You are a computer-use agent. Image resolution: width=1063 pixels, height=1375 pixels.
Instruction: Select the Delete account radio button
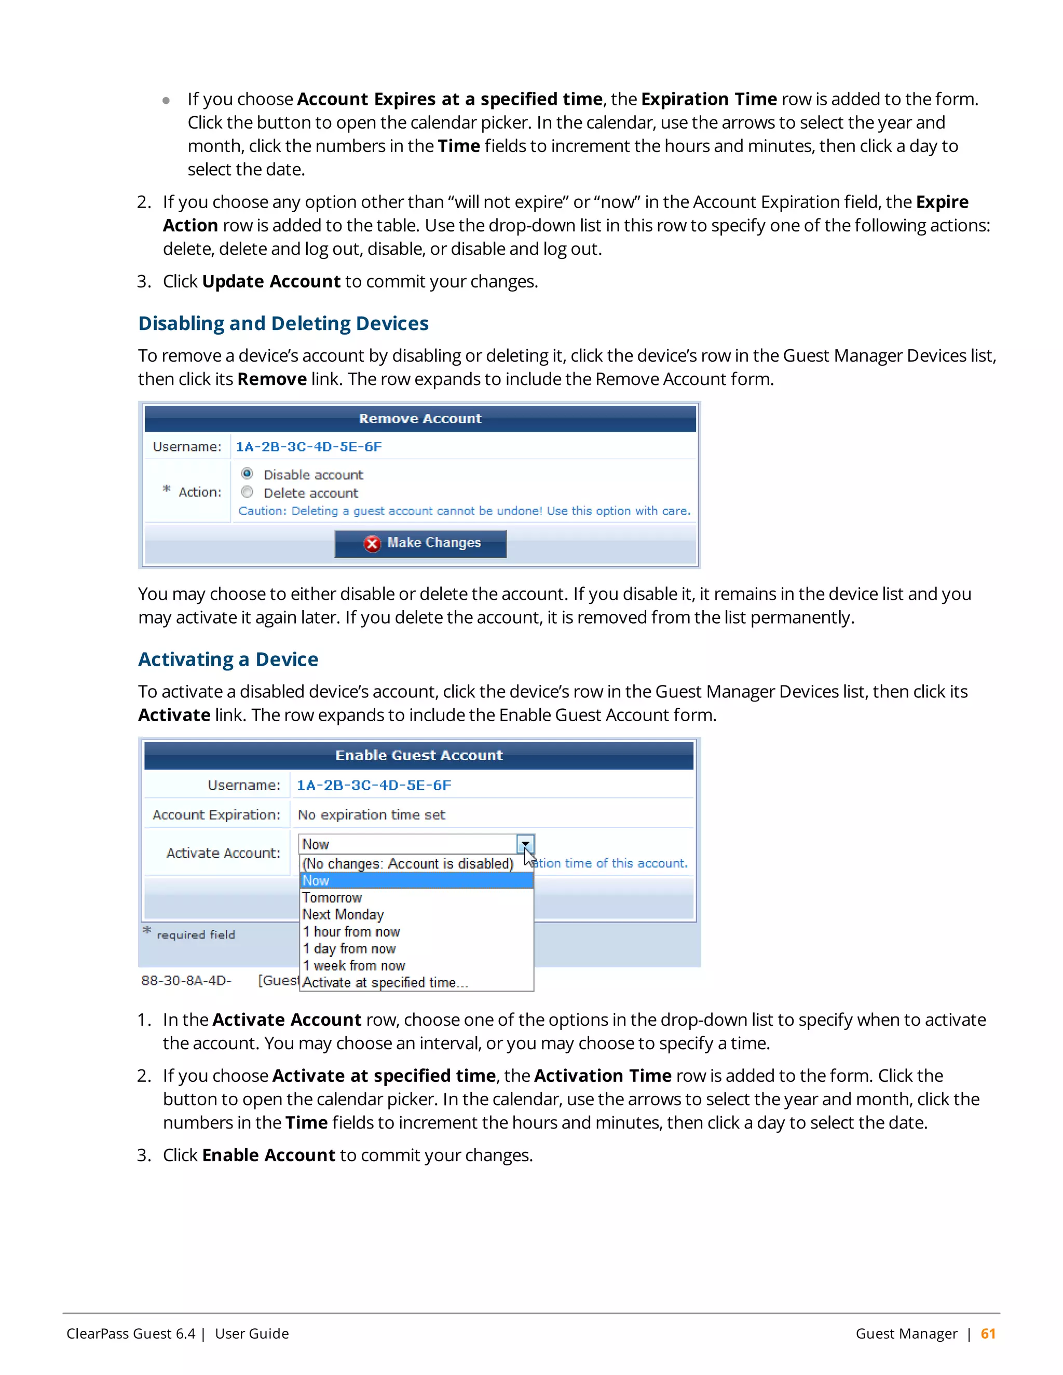pos(248,492)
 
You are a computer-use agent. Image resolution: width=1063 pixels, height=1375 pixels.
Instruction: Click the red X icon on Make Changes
pos(372,543)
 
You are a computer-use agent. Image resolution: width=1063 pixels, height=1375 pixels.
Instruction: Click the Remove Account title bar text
pos(420,419)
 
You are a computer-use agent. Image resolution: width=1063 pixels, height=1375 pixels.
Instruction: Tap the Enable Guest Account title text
pos(419,755)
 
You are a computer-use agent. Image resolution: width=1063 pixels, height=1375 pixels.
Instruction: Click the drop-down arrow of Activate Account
pos(525,844)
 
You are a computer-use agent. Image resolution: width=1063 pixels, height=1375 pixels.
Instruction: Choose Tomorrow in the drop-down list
pos(332,897)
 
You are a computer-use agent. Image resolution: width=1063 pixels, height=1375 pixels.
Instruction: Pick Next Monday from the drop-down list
pos(343,914)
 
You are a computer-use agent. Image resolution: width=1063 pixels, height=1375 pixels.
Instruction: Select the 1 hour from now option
pos(351,931)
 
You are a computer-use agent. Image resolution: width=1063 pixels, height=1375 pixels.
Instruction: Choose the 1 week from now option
pos(353,965)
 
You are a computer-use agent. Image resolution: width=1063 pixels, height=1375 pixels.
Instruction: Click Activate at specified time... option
pos(385,982)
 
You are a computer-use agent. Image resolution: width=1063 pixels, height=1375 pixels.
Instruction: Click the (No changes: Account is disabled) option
pos(407,863)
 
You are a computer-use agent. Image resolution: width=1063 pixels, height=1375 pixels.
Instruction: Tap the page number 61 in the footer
pos(987,1333)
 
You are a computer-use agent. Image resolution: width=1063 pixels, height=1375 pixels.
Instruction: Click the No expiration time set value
pos(371,815)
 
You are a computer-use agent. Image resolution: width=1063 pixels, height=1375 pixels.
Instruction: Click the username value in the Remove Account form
pos(309,446)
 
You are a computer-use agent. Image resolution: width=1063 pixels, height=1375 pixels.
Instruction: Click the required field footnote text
pos(196,934)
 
